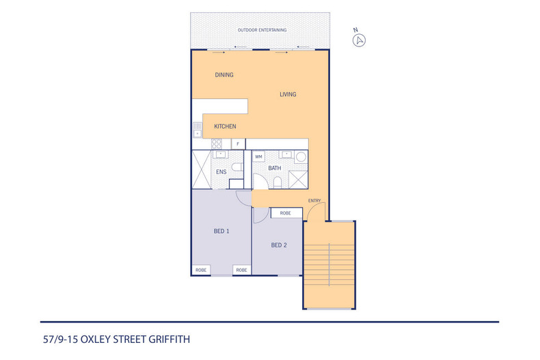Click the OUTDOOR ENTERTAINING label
(262, 31)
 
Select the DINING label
(224, 75)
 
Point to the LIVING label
(288, 94)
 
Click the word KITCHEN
(225, 126)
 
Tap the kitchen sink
(197, 129)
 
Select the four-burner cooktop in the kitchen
(217, 144)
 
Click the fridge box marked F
(238, 144)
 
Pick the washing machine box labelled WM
(258, 156)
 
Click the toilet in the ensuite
(237, 167)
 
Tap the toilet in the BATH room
(277, 182)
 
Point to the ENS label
(221, 172)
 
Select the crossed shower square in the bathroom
(299, 180)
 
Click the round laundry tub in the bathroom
(301, 156)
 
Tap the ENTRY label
(314, 200)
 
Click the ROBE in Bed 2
(286, 213)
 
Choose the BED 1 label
(221, 232)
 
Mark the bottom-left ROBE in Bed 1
(201, 270)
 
